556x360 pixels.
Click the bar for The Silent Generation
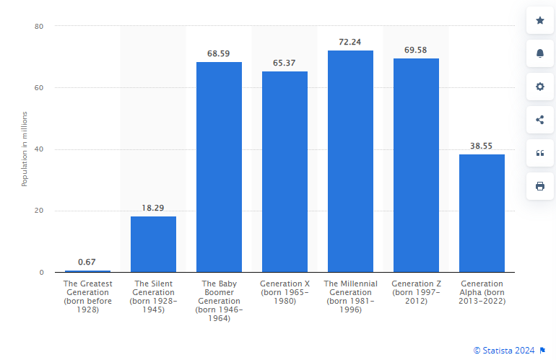[153, 244]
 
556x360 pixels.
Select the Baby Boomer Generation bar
[219, 167]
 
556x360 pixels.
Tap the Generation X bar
[284, 172]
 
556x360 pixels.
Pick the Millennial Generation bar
[350, 161]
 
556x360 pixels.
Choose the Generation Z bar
[416, 165]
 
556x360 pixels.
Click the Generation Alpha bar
[482, 213]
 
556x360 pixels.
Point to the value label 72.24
[350, 42]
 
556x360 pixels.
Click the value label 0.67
[87, 262]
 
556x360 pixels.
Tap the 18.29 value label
[153, 208]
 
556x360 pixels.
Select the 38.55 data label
[482, 146]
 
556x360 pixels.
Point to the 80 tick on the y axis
[39, 27]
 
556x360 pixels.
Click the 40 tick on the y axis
[39, 149]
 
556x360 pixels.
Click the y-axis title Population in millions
[24, 149]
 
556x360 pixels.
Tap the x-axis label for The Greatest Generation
[87, 296]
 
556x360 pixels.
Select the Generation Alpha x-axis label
[482, 291]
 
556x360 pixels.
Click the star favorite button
[540, 20]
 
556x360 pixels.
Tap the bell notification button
[540, 53]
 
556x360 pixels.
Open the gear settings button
[540, 87]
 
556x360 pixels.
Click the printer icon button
[540, 186]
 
